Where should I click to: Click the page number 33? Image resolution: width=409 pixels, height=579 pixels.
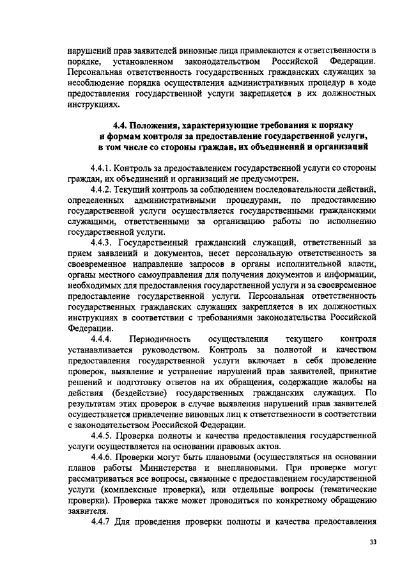point(373,542)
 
